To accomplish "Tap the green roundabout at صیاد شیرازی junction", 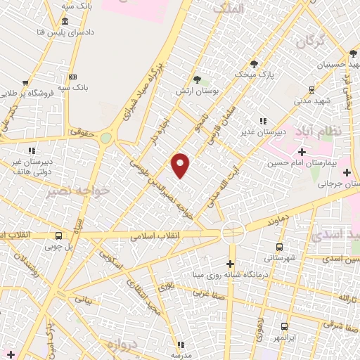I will pyautogui.click(x=105, y=139).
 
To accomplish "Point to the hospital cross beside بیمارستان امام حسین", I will pyautogui.click(x=302, y=152).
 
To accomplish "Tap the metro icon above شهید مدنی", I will pyautogui.click(x=311, y=90).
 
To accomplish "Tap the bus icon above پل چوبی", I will pyautogui.click(x=58, y=236).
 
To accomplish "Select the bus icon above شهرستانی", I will pyautogui.click(x=279, y=247).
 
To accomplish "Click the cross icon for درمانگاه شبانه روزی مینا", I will pyautogui.click(x=232, y=264).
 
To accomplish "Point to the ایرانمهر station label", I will pyautogui.click(x=284, y=337).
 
